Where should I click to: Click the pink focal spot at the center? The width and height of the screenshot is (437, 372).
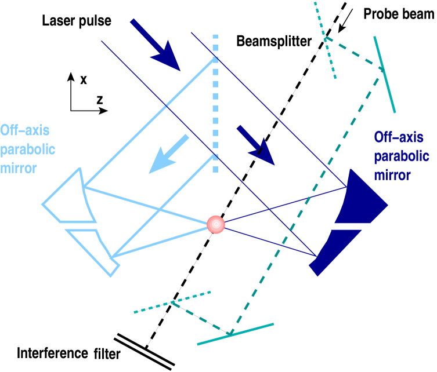pos(215,224)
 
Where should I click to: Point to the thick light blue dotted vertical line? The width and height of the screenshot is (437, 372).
pos(215,104)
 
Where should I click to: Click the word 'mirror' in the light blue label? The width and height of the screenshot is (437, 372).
pos(19,168)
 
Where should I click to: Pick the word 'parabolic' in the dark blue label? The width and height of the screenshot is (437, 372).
pos(401,156)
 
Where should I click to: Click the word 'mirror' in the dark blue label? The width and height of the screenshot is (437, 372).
pos(392,175)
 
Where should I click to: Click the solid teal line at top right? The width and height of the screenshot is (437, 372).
pos(385,74)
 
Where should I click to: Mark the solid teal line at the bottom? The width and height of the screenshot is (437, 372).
pos(235,334)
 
